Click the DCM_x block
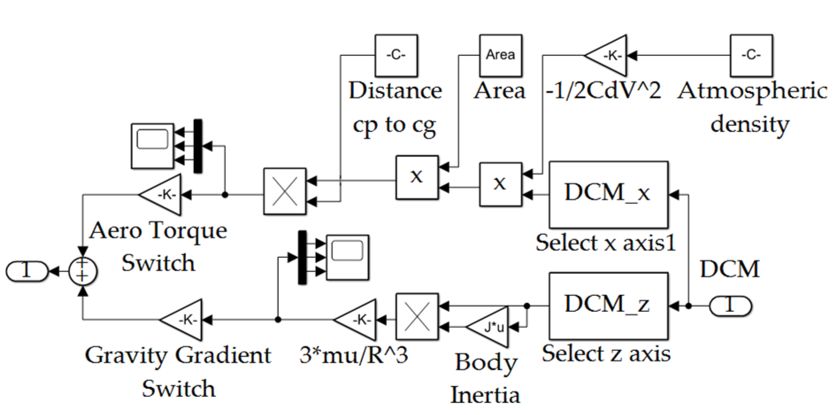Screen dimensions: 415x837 (608, 195)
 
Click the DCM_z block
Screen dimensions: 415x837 (608, 306)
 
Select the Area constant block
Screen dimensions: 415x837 (500, 55)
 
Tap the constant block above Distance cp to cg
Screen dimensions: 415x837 (396, 55)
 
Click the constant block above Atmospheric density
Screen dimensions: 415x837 (751, 55)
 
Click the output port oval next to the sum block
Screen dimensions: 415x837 (27, 271)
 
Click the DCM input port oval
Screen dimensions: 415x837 (730, 306)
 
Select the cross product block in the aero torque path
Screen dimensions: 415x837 (284, 192)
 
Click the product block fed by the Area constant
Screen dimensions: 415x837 (417, 177)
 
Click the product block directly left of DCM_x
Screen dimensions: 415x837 (500, 184)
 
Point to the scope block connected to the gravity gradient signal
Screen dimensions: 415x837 (347, 257)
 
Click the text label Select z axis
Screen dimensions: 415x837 (606, 354)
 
